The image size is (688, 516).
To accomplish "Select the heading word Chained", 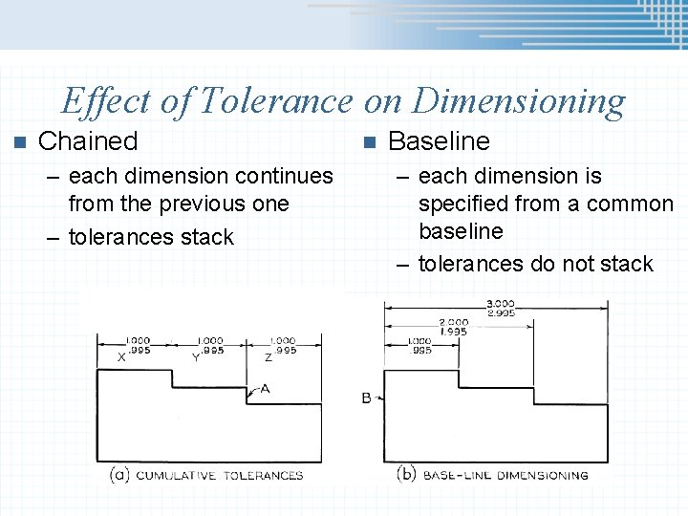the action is pyautogui.click(x=88, y=141).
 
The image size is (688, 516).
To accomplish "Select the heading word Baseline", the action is pyautogui.click(x=439, y=141).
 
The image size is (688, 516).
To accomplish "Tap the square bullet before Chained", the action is pyautogui.click(x=14, y=142).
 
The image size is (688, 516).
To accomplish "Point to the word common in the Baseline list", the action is pyautogui.click(x=631, y=204).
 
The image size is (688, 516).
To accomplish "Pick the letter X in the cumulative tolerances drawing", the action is pyautogui.click(x=121, y=357).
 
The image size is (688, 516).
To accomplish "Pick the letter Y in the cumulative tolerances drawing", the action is pyautogui.click(x=195, y=357).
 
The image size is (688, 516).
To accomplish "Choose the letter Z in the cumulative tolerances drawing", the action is pyautogui.click(x=269, y=357).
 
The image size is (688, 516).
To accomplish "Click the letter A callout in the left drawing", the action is pyautogui.click(x=265, y=389).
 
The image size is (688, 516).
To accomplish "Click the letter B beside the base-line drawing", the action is pyautogui.click(x=367, y=398).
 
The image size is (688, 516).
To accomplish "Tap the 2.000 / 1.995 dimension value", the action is pyautogui.click(x=453, y=327).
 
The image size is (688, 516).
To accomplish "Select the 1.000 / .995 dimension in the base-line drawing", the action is pyautogui.click(x=419, y=345).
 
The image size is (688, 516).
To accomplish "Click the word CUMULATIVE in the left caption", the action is pyautogui.click(x=179, y=475).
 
